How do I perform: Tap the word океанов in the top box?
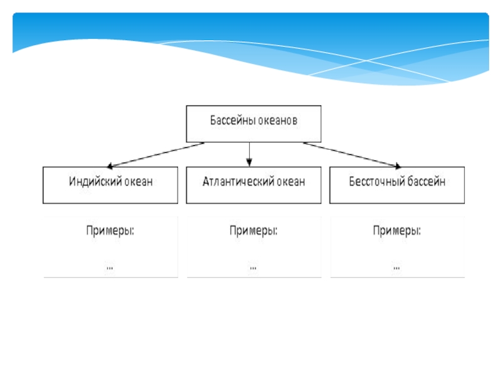[277, 120]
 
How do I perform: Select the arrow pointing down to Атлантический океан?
[249, 154]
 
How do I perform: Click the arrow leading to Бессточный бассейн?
[351, 155]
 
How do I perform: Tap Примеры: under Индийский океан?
[110, 231]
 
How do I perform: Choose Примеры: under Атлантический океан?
[254, 231]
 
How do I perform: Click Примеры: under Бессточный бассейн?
[397, 231]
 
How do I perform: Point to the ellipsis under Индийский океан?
[110, 268]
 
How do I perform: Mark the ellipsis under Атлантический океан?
[254, 268]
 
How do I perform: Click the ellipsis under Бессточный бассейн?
[397, 268]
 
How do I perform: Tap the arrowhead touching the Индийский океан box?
[111, 165]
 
